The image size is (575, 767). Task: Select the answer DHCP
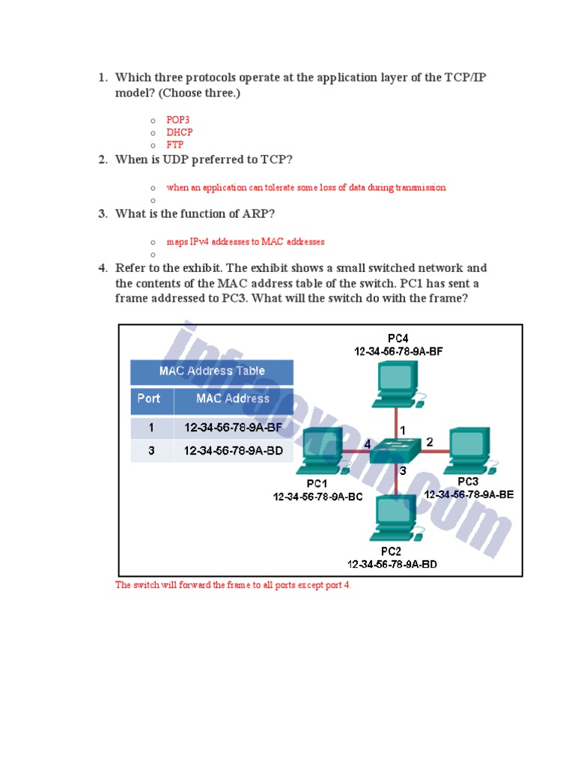tap(180, 133)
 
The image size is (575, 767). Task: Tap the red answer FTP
tap(174, 145)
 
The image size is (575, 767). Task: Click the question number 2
tap(103, 160)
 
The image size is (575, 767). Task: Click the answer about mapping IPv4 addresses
tap(246, 242)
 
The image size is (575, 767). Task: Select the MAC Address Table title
tap(212, 371)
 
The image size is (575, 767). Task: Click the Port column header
tap(149, 398)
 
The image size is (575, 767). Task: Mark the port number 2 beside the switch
tap(430, 443)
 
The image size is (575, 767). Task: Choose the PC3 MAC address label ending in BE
tap(469, 494)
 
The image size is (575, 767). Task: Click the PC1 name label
tap(317, 483)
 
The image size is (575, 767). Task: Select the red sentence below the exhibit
tap(233, 585)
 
